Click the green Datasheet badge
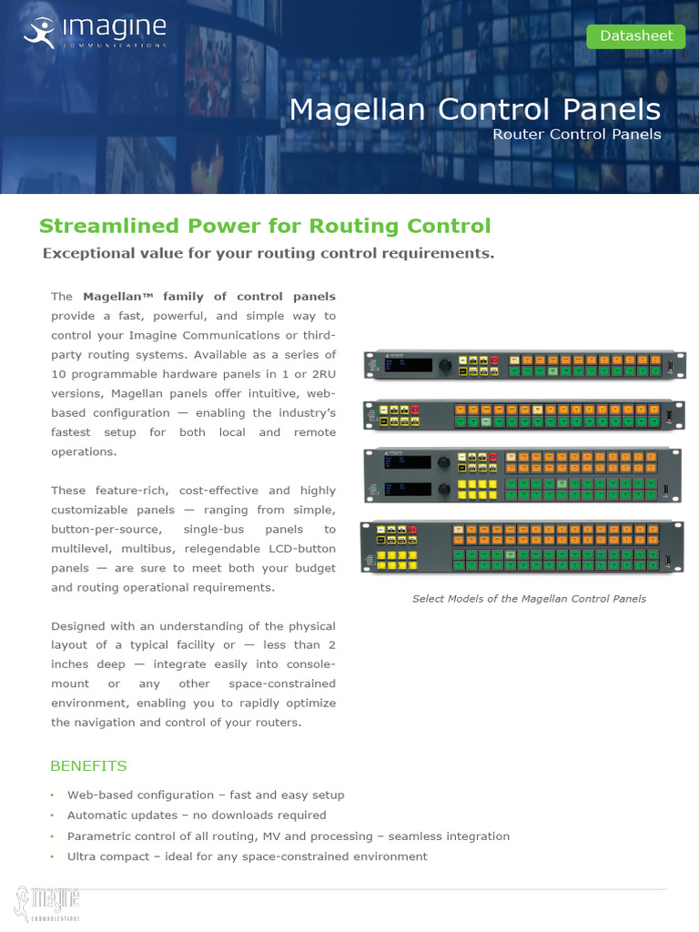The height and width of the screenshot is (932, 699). click(636, 36)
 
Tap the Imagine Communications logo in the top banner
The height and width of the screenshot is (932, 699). click(94, 32)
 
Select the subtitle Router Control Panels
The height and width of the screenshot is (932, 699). click(576, 135)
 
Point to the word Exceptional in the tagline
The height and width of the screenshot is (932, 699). click(85, 253)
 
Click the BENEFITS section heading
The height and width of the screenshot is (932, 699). click(88, 765)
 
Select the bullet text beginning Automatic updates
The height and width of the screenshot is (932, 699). click(196, 815)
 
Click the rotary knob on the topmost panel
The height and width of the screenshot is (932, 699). click(445, 366)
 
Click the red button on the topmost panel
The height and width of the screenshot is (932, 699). click(495, 360)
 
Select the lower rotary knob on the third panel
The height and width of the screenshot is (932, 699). click(445, 491)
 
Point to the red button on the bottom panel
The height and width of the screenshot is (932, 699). click(412, 530)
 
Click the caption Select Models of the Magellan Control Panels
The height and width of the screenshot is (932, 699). click(529, 599)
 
